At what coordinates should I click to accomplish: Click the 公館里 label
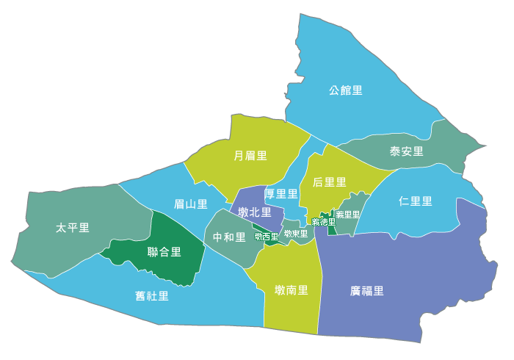click(x=346, y=90)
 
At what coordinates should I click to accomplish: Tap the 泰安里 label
click(x=406, y=151)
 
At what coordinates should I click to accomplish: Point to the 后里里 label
click(x=329, y=181)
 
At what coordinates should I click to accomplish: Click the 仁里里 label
click(x=415, y=201)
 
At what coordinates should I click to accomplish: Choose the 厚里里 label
click(x=281, y=194)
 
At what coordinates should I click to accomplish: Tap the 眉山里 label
click(x=190, y=204)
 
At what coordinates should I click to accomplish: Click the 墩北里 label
click(x=254, y=212)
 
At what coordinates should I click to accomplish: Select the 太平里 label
click(x=72, y=228)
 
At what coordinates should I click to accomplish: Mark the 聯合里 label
click(x=164, y=252)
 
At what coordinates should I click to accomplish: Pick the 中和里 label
click(x=229, y=237)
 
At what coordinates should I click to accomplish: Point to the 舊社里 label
click(x=152, y=296)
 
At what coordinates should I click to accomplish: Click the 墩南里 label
click(x=292, y=290)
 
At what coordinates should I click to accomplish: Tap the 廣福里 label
click(x=367, y=290)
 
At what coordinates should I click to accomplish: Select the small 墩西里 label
click(x=267, y=237)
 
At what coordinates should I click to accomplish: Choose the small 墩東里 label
click(x=295, y=234)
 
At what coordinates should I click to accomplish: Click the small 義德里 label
click(x=323, y=222)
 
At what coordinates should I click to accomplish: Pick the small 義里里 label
click(x=348, y=215)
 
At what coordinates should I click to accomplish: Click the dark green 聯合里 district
click(x=158, y=268)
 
